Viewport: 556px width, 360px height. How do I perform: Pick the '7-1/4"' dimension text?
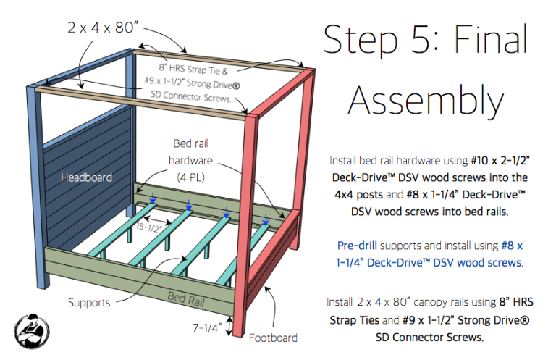click(x=205, y=328)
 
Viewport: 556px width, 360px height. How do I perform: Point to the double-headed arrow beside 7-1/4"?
click(x=230, y=327)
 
